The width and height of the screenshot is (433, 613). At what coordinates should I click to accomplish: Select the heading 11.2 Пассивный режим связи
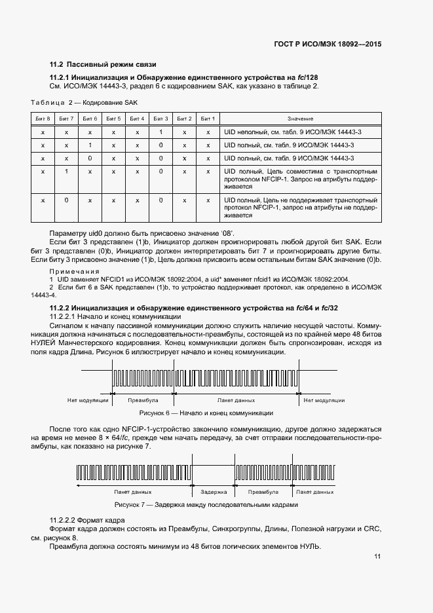(x=104, y=65)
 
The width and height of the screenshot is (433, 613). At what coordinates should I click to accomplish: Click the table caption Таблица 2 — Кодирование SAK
(x=85, y=103)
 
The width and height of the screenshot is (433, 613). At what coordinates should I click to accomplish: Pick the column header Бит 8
(x=43, y=119)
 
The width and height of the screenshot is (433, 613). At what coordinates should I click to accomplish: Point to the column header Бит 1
(x=208, y=119)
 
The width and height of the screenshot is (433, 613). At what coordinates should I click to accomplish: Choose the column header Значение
(x=300, y=119)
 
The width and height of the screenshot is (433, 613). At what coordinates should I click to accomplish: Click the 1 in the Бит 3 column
(x=160, y=132)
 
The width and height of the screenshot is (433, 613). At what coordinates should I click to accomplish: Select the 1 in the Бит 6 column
(x=89, y=145)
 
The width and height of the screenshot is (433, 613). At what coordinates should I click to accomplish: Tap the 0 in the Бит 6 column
(x=89, y=158)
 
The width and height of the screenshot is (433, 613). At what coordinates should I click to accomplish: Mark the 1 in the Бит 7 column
(x=66, y=172)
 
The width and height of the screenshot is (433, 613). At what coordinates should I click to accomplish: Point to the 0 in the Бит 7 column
(x=66, y=200)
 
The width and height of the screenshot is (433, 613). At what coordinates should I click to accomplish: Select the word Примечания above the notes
(x=75, y=270)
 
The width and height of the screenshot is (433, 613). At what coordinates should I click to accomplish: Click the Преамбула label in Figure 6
(x=143, y=399)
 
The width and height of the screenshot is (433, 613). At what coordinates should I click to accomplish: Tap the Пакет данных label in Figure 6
(x=236, y=399)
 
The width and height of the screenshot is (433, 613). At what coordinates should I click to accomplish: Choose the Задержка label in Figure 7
(x=214, y=491)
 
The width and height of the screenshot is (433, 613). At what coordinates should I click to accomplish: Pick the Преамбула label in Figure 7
(x=259, y=491)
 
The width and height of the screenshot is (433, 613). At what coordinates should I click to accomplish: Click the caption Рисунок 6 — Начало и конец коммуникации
(x=206, y=413)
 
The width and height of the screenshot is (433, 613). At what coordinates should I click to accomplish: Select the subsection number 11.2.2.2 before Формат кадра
(x=67, y=519)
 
